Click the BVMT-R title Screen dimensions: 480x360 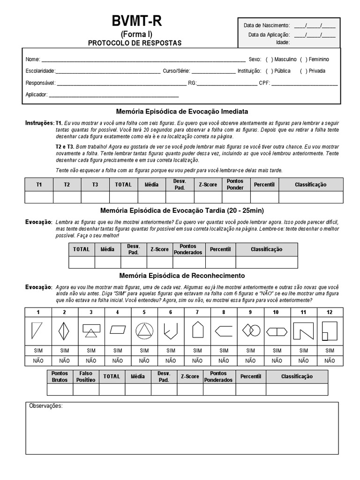(x=136, y=22)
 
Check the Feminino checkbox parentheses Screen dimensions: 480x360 (x=304, y=60)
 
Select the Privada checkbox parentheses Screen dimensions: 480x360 (x=304, y=71)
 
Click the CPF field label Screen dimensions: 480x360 (x=264, y=83)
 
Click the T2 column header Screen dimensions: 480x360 (x=67, y=185)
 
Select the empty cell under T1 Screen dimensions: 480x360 (x=39, y=197)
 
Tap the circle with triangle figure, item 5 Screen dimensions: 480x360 (x=144, y=331)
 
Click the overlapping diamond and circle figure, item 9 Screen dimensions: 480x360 (x=250, y=331)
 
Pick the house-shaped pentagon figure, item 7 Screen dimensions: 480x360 (x=197, y=330)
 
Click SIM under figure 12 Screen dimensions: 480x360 (x=330, y=351)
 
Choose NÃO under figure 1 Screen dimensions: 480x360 (x=38, y=361)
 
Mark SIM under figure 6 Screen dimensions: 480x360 (x=171, y=351)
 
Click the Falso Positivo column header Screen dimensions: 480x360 (x=86, y=376)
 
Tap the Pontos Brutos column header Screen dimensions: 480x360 (x=60, y=376)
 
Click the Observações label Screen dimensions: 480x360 (x=45, y=406)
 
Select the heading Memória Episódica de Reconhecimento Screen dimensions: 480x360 (x=182, y=276)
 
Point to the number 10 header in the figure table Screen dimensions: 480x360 (x=277, y=312)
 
